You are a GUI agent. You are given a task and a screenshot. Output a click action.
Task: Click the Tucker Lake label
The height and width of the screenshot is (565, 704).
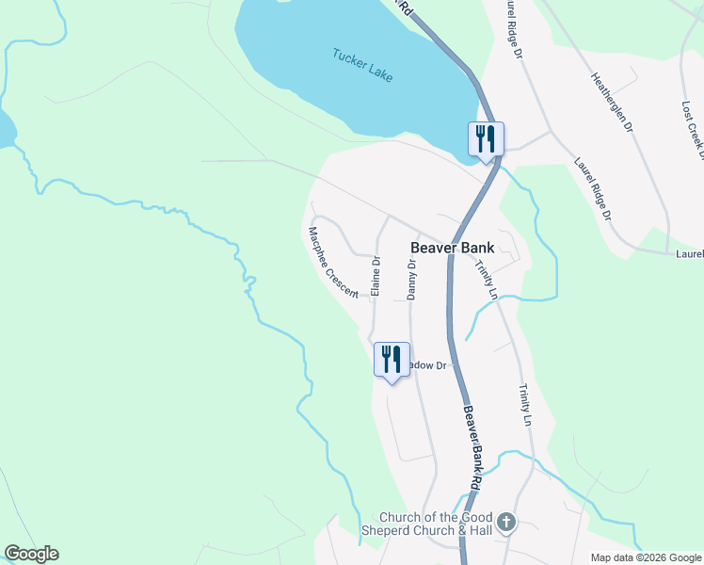362,63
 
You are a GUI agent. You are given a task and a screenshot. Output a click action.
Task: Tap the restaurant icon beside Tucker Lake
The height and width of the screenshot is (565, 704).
487,139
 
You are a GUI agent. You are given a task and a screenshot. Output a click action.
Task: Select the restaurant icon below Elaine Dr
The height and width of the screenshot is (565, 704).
392,360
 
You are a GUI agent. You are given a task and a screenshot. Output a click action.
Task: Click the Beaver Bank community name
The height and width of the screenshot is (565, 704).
454,249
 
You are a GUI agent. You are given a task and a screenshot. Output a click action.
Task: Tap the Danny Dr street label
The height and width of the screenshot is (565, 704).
411,280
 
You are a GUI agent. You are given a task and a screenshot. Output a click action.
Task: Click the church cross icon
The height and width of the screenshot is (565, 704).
506,522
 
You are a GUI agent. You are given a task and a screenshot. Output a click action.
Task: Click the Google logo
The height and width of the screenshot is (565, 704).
31,554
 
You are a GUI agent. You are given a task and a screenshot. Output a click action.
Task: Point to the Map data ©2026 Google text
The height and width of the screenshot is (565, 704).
647,557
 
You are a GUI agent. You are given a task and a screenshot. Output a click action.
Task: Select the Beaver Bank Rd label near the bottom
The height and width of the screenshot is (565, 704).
472,447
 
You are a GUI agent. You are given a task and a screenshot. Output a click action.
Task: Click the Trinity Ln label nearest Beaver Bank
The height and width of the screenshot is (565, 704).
486,280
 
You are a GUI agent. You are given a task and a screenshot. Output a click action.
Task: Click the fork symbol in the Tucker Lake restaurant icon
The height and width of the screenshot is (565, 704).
480,138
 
